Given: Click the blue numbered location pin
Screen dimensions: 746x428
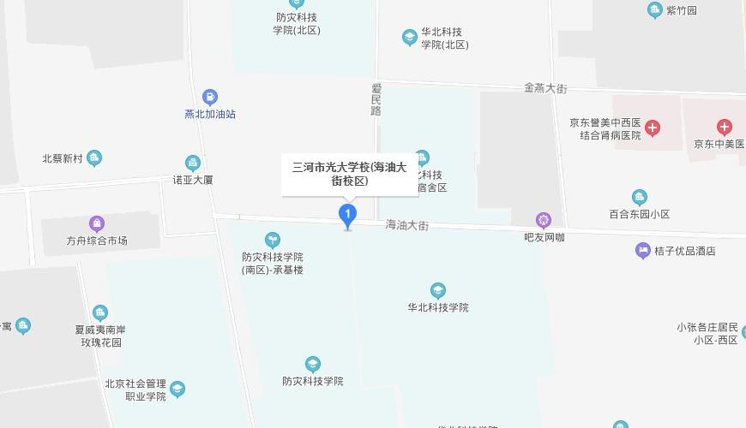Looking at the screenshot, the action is pos(347,214).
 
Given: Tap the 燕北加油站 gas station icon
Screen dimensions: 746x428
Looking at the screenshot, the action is pos(209,98).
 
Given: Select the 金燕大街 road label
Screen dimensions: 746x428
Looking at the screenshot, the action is pos(545,87).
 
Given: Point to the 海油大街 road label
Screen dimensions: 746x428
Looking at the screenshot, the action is pos(406,225).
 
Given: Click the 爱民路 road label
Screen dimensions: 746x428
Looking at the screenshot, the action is pos(376,99).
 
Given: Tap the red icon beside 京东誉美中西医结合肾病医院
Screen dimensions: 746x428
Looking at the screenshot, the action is pos(653,128).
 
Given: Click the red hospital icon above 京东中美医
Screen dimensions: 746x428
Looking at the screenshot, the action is pos(725,128).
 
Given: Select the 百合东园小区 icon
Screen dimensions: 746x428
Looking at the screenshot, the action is pos(639,198).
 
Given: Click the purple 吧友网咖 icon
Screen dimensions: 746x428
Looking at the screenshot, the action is pos(544,220).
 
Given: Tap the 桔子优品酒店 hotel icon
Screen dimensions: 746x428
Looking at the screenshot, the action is pos(643,251).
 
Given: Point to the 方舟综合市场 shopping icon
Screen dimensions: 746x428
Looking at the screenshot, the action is pos(96,224).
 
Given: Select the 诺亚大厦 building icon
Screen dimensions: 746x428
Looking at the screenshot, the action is pos(192,163).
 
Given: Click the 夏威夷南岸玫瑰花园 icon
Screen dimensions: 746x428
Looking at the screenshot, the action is pos(100,312).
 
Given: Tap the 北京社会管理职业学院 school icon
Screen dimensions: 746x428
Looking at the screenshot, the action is pos(177,389).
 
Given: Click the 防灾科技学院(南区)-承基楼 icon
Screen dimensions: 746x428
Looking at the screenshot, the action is pos(272,239).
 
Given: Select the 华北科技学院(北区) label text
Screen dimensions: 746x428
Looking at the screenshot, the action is pos(443,38).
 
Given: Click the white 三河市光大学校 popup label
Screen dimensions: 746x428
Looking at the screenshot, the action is pos(350,174).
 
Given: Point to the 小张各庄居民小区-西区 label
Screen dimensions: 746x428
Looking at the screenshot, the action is pos(707,333).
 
